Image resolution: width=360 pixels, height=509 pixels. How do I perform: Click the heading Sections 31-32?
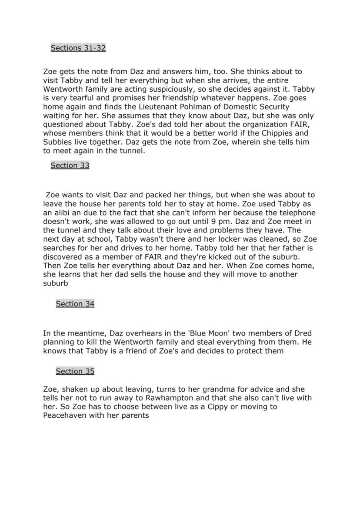(x=78, y=48)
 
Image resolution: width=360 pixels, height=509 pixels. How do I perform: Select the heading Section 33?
(x=70, y=165)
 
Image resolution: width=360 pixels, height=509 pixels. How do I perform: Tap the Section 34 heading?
(x=75, y=304)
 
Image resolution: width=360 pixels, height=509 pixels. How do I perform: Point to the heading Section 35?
(x=75, y=371)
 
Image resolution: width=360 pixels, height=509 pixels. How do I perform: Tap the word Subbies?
(x=57, y=142)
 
